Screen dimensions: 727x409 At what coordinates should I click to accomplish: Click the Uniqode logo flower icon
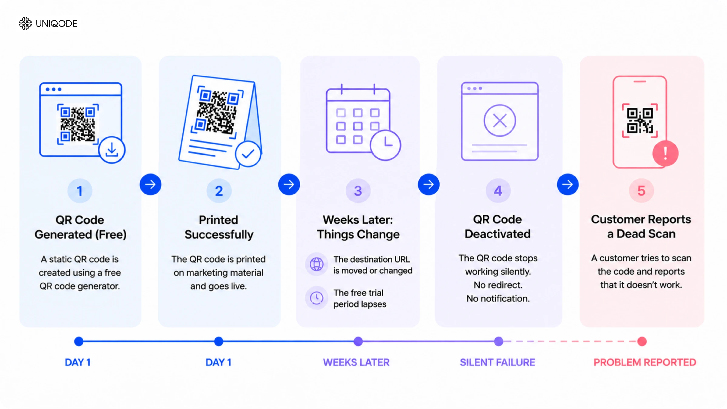[x=25, y=23]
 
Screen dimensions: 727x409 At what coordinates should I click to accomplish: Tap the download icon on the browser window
[x=112, y=150]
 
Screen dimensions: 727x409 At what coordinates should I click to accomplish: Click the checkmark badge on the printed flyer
[x=248, y=154]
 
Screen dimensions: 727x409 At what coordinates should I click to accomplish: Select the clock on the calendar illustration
[x=385, y=145]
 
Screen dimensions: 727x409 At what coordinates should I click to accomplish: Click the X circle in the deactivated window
[x=500, y=121]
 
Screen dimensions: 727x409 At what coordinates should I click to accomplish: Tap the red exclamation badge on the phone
[x=665, y=153]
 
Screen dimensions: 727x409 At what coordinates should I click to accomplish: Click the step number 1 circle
[x=80, y=191]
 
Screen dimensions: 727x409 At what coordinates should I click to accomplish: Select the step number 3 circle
[x=358, y=191]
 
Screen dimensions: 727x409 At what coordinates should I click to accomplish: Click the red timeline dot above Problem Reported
[x=642, y=342]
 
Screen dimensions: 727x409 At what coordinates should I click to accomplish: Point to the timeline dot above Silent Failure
[x=499, y=342]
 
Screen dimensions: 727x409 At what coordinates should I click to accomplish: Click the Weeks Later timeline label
[x=356, y=362]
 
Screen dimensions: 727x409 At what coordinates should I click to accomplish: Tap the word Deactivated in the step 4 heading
[x=498, y=234]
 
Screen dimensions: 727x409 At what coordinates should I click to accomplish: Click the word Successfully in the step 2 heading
[x=219, y=235]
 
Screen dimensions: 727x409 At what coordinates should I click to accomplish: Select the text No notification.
[x=498, y=298]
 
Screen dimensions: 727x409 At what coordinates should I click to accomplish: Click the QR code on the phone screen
[x=640, y=121]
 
